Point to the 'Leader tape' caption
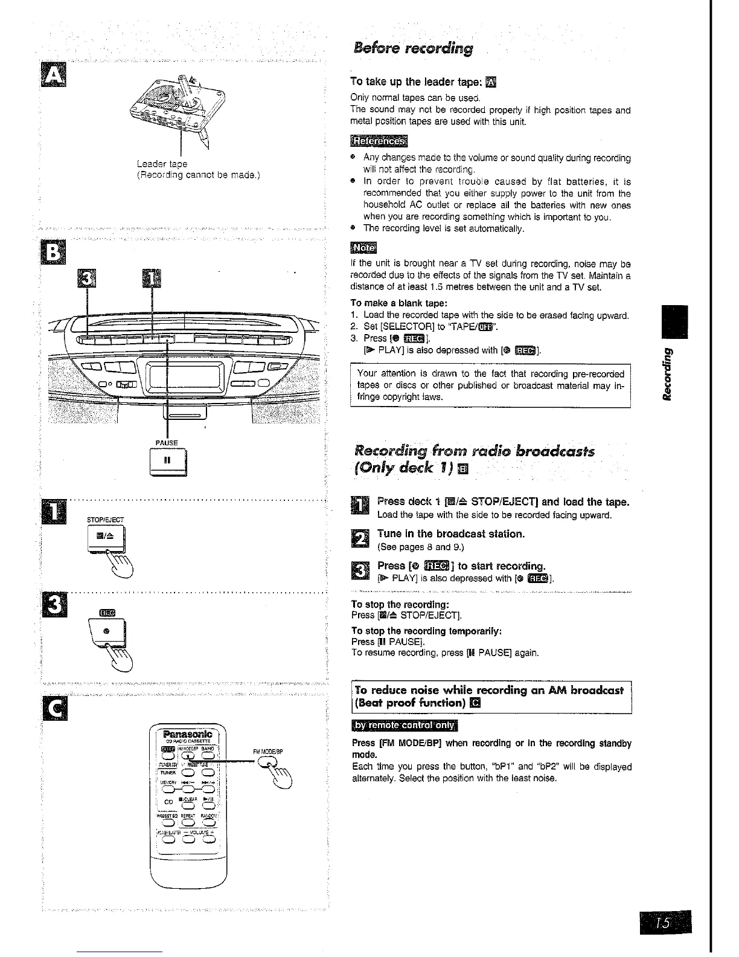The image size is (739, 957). pyautogui.click(x=161, y=164)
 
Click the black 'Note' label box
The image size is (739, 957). pyautogui.click(x=363, y=248)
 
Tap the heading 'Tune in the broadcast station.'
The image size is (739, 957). pyautogui.click(x=451, y=533)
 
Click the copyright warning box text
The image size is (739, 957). pyautogui.click(x=490, y=385)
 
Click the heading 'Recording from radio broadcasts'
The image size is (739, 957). pyautogui.click(x=475, y=452)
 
